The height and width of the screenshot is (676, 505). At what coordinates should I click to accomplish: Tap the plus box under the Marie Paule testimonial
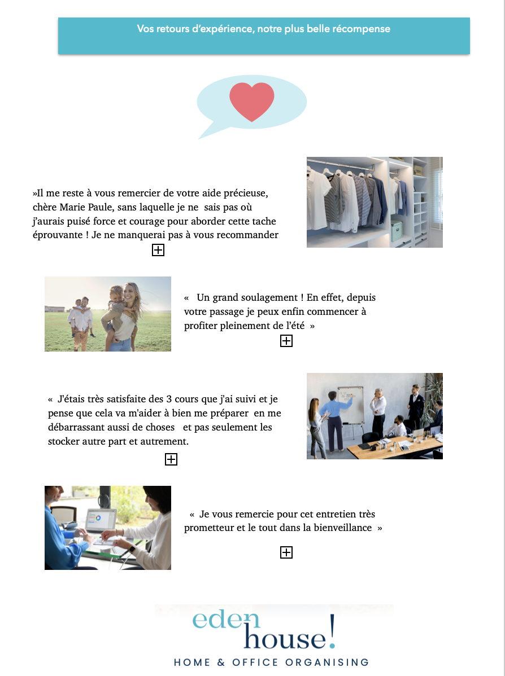point(158,249)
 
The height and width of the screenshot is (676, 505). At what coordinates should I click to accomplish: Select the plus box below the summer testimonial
point(286,341)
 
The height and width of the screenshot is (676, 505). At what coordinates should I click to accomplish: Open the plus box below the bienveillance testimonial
point(286,552)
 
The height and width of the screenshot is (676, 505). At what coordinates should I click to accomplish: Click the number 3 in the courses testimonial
point(169,399)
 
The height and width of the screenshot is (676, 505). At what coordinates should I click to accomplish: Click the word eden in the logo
point(226,620)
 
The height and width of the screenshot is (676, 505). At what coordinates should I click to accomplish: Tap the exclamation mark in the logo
point(332,631)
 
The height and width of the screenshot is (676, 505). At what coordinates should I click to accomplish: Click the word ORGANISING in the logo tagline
point(327,662)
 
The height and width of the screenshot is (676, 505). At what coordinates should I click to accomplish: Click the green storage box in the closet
point(397,231)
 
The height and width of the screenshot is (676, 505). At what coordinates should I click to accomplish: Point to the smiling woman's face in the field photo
point(129,295)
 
